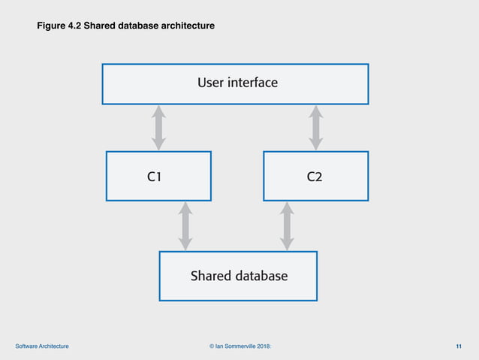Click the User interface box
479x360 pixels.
[235, 83]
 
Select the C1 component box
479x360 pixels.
[158, 176]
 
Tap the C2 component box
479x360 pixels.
[315, 176]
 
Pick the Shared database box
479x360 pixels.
[238, 276]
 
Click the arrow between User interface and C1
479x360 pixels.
[158, 128]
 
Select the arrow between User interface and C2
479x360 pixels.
[316, 128]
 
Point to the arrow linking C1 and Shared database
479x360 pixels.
[185, 226]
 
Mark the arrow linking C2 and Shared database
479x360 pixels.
[286, 226]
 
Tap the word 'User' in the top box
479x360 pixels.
[211, 83]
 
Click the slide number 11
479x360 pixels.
[459, 346]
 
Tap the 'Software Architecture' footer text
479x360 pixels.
[42, 346]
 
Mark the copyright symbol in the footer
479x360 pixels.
[211, 346]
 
